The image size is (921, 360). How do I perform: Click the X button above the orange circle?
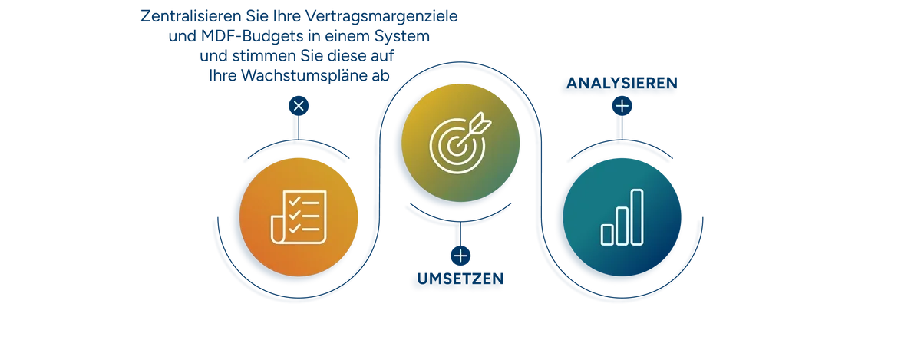pos(299,106)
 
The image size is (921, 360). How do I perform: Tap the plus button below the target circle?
pos(460,256)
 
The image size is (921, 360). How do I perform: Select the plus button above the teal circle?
pos(622,106)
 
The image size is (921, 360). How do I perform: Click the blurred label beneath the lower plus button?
pos(460,282)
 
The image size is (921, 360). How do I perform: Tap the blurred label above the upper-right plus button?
pos(621,84)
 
